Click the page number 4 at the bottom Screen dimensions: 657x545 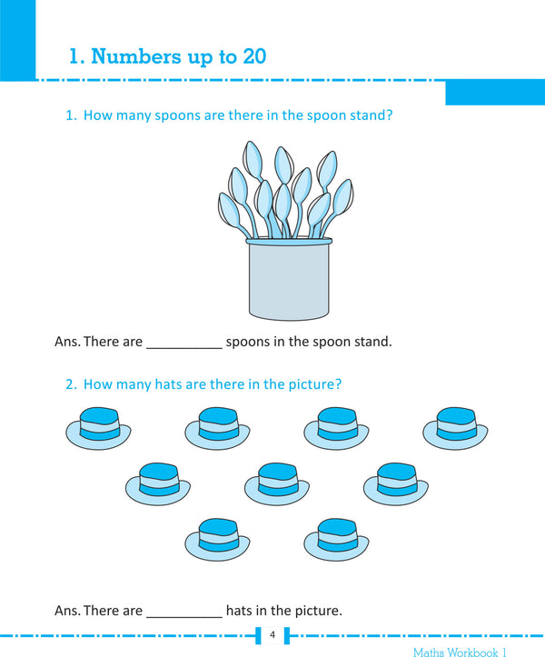[x=272, y=634]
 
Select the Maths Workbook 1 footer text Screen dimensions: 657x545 [x=460, y=652]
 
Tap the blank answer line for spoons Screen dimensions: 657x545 [x=183, y=343]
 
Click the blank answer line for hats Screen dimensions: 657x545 [x=183, y=611]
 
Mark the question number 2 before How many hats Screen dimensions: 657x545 [x=70, y=384]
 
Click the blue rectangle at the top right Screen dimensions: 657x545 [x=494, y=92]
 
